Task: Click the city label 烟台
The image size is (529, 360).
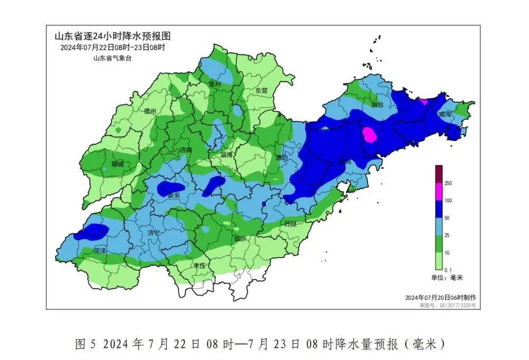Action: click(377, 105)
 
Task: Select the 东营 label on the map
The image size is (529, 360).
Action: click(262, 90)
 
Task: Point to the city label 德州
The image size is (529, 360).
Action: click(150, 111)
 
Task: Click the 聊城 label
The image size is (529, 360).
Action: click(117, 164)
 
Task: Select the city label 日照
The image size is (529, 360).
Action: click(290, 224)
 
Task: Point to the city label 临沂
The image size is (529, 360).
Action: click(240, 238)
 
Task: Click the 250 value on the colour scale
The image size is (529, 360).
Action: click(448, 183)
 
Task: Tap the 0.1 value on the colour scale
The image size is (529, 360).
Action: click(448, 270)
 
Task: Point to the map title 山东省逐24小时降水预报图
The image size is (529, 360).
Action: click(113, 36)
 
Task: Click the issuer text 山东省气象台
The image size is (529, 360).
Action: click(112, 58)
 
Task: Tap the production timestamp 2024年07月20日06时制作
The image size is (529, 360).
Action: click(440, 297)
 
